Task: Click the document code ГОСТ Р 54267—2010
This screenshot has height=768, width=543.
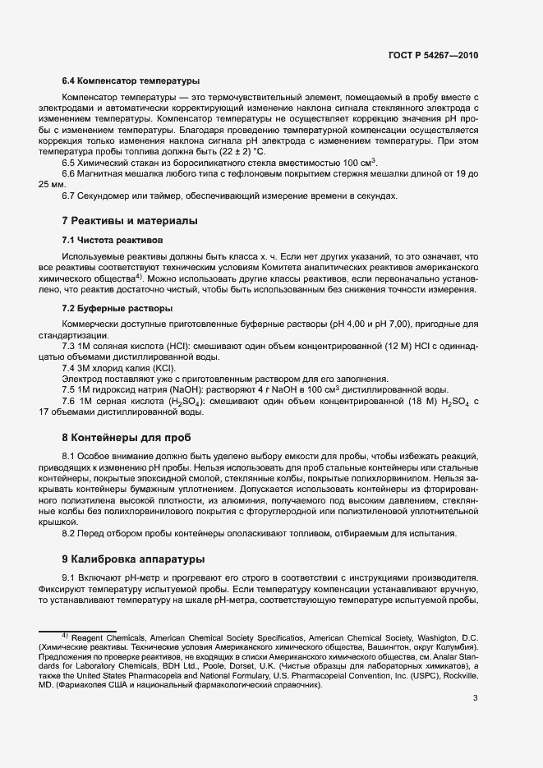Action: [x=433, y=55]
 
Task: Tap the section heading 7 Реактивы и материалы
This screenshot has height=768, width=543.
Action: [x=131, y=221]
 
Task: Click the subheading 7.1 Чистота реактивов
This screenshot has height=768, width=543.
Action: [x=113, y=241]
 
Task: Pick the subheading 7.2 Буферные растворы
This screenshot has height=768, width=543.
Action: [x=117, y=308]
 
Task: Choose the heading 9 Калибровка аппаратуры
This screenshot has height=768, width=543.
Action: [x=133, y=559]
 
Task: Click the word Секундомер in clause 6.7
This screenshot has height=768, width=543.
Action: [x=106, y=195]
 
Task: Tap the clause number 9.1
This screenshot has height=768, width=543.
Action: [x=68, y=577]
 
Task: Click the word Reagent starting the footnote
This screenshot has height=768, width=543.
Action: [x=87, y=637]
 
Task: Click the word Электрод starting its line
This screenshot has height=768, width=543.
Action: [x=83, y=379]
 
